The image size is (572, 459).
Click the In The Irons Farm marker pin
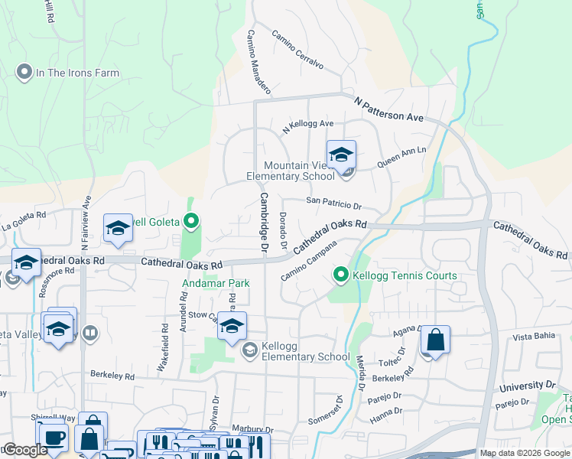click(23, 73)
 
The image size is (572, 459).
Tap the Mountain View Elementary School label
click(291, 171)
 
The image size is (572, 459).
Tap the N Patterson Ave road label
click(388, 109)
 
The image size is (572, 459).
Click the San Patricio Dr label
click(333, 204)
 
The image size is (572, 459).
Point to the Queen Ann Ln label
click(402, 158)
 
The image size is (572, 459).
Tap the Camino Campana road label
click(309, 266)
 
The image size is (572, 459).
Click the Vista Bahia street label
click(533, 337)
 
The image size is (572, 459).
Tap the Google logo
click(24, 450)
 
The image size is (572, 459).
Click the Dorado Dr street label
click(282, 230)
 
